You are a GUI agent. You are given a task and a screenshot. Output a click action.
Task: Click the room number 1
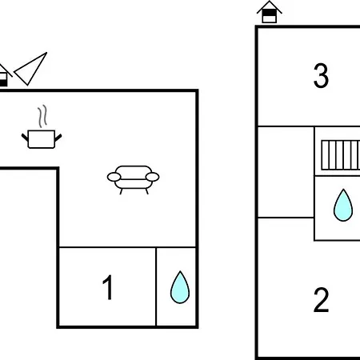108,287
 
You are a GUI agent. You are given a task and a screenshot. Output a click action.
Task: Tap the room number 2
321,300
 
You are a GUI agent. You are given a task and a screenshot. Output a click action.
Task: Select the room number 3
321,76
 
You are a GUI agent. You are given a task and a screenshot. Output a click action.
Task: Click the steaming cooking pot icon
42,127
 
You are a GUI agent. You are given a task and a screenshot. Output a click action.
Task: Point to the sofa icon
134,180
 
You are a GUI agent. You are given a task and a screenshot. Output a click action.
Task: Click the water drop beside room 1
180,287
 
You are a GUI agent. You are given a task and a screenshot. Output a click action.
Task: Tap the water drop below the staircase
343,206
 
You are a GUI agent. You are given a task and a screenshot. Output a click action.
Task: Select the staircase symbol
341,155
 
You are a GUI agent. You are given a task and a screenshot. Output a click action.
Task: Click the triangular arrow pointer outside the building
30,69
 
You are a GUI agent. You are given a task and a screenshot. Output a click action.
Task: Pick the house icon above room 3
270,12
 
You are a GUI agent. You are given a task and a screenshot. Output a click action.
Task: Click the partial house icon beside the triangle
4,75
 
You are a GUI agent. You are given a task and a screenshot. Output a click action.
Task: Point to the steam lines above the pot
42,116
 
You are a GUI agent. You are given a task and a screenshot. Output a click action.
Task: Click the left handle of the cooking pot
25,138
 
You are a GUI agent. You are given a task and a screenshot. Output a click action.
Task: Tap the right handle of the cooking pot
58,138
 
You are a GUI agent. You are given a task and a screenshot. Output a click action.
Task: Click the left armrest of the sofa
114,177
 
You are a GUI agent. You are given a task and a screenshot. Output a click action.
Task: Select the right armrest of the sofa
153,177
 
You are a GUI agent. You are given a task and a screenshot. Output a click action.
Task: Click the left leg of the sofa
121,191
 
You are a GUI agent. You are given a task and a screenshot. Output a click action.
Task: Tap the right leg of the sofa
146,191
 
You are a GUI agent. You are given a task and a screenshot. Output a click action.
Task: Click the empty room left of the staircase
286,172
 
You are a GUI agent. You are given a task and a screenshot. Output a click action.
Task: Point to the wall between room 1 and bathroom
156,286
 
